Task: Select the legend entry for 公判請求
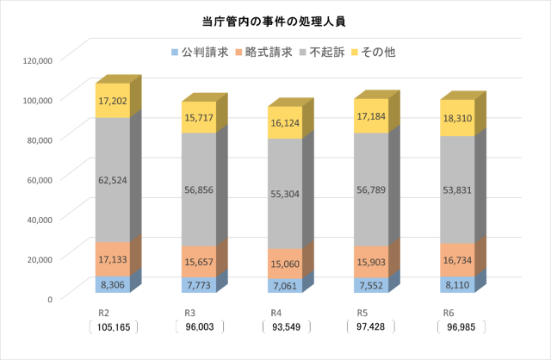pos(200,53)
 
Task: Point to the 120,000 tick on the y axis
pos(39,60)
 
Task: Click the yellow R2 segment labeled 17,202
pos(113,101)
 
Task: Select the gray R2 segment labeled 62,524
pos(113,180)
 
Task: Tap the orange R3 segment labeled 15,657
pos(199,262)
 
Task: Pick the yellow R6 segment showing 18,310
pos(457,118)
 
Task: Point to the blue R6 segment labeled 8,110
pos(457,284)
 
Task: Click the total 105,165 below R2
pos(113,327)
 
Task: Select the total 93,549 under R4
pos(285,327)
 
